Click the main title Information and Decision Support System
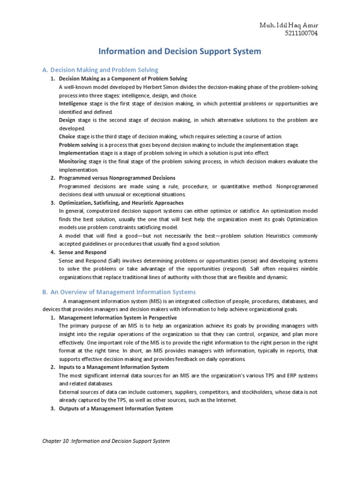coord(179,51)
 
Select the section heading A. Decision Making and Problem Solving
coord(100,70)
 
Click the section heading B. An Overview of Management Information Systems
coord(119,292)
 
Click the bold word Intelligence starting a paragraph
coord(74,103)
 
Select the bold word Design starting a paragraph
coord(67,120)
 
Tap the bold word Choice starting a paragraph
coord(67,136)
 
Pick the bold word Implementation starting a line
coord(78,153)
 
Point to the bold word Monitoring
coord(73,161)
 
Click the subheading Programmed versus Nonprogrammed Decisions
coord(117,178)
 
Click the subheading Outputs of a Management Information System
coord(116,408)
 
